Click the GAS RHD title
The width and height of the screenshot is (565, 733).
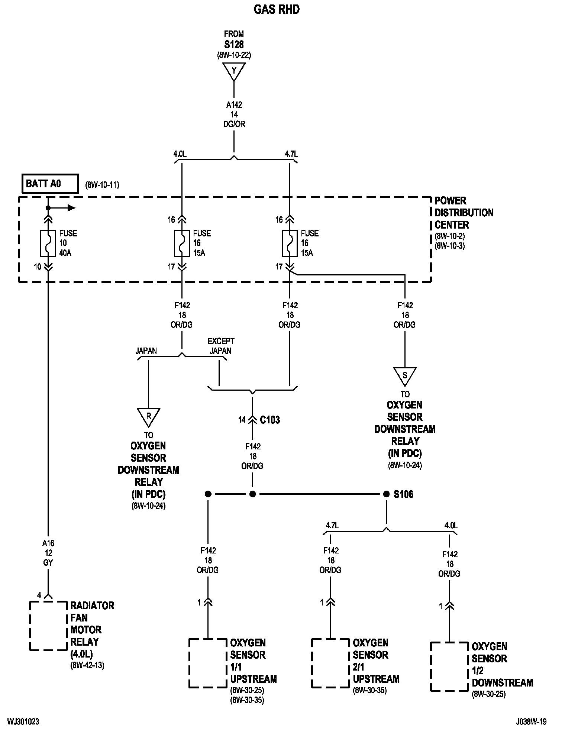pos(277,9)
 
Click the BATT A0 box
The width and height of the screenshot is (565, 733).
pos(50,184)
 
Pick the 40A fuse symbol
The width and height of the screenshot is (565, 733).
pos(48,243)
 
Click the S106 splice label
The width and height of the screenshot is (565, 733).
pos(403,494)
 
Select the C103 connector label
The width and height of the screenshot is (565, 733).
pos(270,420)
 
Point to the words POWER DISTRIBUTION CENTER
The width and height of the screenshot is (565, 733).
pos(464,213)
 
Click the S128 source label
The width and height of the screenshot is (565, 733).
pos(234,45)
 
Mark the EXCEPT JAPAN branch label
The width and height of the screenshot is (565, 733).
pos(221,346)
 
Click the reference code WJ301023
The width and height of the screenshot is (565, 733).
pos(23,722)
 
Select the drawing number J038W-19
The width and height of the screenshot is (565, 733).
pos(531,722)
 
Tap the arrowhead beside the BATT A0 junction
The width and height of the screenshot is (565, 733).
pos(71,208)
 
